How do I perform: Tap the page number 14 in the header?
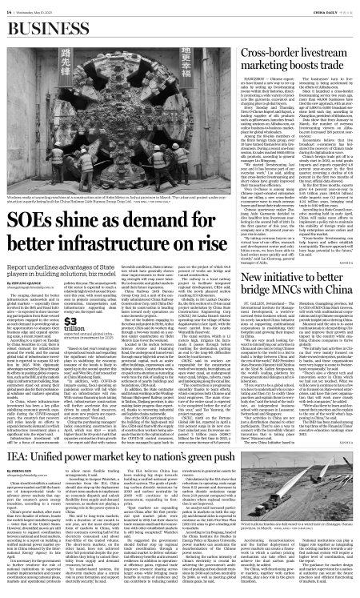[x=9, y=10]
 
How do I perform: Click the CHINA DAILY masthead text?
[x=334, y=10]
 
